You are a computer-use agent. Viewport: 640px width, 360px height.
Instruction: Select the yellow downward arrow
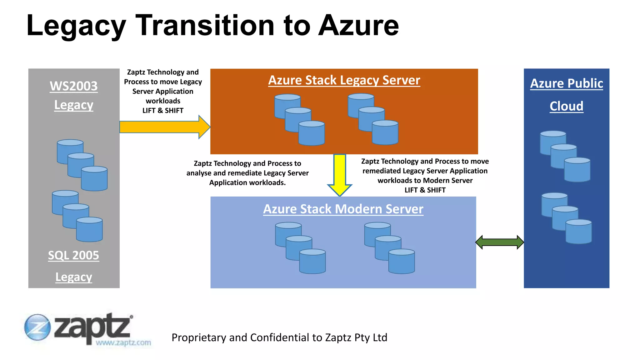tap(340, 173)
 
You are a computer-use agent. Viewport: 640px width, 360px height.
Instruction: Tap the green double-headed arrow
tap(499, 242)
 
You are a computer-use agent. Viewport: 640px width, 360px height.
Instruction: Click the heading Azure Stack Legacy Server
tap(344, 80)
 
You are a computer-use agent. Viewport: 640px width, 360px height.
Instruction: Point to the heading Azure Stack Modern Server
tap(343, 209)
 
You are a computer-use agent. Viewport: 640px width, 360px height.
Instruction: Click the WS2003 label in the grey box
tap(74, 86)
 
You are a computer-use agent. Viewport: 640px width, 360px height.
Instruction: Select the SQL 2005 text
tap(73, 255)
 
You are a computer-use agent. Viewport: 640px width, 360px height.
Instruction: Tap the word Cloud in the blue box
tap(566, 106)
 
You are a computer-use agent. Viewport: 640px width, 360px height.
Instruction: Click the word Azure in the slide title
tap(358, 26)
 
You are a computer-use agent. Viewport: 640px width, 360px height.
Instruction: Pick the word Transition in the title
tap(205, 26)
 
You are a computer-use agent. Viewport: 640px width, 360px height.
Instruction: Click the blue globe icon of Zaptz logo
tap(37, 327)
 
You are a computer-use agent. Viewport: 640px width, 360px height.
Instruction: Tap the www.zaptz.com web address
tap(123, 343)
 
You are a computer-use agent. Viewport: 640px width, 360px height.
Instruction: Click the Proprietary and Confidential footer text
tap(279, 337)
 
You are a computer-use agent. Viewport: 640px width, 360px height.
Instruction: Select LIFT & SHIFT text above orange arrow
tap(163, 111)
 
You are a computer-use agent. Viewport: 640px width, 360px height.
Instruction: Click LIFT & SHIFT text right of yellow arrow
tap(425, 190)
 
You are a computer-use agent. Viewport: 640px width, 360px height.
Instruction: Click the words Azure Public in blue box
tap(566, 83)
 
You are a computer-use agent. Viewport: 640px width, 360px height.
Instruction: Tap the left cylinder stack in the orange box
tap(299, 120)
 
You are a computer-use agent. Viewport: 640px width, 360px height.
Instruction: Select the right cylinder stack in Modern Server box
tap(389, 248)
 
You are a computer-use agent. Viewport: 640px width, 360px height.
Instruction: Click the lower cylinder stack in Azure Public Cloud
tap(566, 218)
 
